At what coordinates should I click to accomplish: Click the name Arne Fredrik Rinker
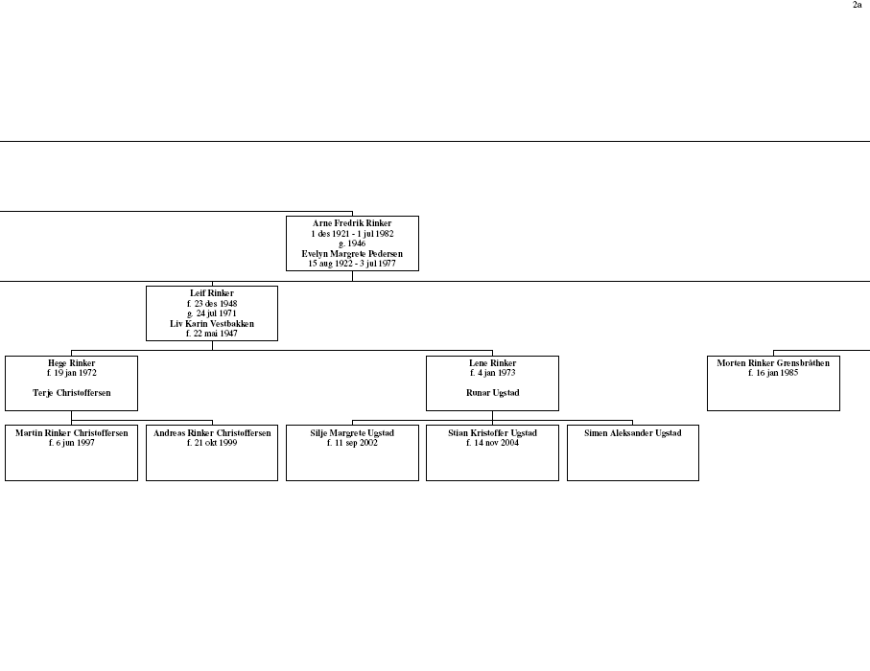coord(352,223)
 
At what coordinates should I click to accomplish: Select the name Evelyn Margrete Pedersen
coord(352,254)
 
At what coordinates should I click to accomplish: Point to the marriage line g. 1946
coord(352,243)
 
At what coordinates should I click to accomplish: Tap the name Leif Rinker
coord(212,293)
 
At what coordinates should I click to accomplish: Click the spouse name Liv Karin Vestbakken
coord(212,324)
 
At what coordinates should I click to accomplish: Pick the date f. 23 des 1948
coord(212,303)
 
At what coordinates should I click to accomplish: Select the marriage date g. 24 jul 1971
coord(212,313)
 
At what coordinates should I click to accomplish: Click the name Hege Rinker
coord(72,363)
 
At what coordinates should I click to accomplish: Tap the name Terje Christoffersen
coord(72,393)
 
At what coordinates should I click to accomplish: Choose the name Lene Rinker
coord(492,363)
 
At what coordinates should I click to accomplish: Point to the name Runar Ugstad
coord(492,393)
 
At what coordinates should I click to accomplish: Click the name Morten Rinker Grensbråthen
coord(773,363)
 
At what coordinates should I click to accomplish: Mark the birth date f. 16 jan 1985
coord(773,373)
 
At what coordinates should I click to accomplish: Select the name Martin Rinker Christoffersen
coord(72,433)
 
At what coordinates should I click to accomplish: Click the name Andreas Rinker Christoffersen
coord(212,433)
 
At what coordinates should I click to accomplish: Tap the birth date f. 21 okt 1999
coord(212,443)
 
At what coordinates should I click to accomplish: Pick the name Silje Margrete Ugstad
coord(352,433)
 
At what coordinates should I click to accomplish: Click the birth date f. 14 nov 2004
coord(492,443)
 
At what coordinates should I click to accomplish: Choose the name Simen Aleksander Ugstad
coord(632,433)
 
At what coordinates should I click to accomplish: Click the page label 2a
coord(857,5)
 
